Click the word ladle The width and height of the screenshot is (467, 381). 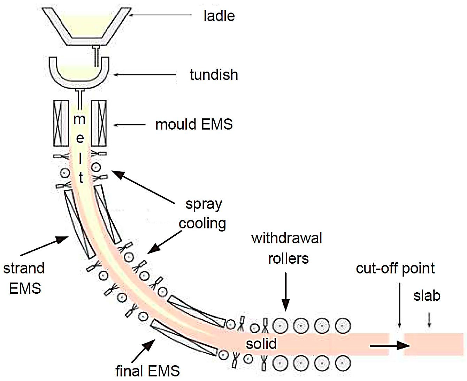219,16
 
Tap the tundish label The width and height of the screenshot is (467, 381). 214,75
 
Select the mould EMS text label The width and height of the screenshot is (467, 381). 194,124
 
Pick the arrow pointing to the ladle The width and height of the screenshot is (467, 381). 160,15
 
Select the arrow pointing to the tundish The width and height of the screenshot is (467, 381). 145,74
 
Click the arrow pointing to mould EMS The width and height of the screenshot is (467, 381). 130,125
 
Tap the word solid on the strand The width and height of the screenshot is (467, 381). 261,344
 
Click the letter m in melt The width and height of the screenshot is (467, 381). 79,119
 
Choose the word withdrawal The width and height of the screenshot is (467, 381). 286,238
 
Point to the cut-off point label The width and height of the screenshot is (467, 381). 395,268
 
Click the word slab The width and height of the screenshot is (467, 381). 427,296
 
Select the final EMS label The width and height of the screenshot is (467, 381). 147,371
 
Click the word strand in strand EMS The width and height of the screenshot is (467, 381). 24,268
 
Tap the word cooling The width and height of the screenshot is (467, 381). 202,224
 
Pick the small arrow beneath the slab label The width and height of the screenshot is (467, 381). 429,320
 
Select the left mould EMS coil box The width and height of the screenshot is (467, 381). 61,123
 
